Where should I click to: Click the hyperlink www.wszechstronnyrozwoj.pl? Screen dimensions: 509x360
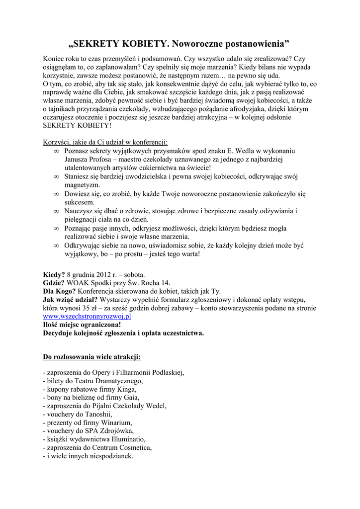click(x=87, y=316)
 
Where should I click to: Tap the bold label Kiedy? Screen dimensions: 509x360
click(x=54, y=274)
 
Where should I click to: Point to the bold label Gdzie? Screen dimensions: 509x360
click(x=54, y=282)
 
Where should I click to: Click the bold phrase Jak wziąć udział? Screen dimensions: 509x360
click(x=70, y=299)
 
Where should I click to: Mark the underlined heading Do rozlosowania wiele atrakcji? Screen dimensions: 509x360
click(x=91, y=356)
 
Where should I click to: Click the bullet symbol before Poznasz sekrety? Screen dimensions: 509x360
click(x=56, y=150)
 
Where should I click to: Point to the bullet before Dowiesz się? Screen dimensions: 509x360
click(x=56, y=194)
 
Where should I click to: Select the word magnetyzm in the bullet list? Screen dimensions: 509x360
click(x=82, y=185)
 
